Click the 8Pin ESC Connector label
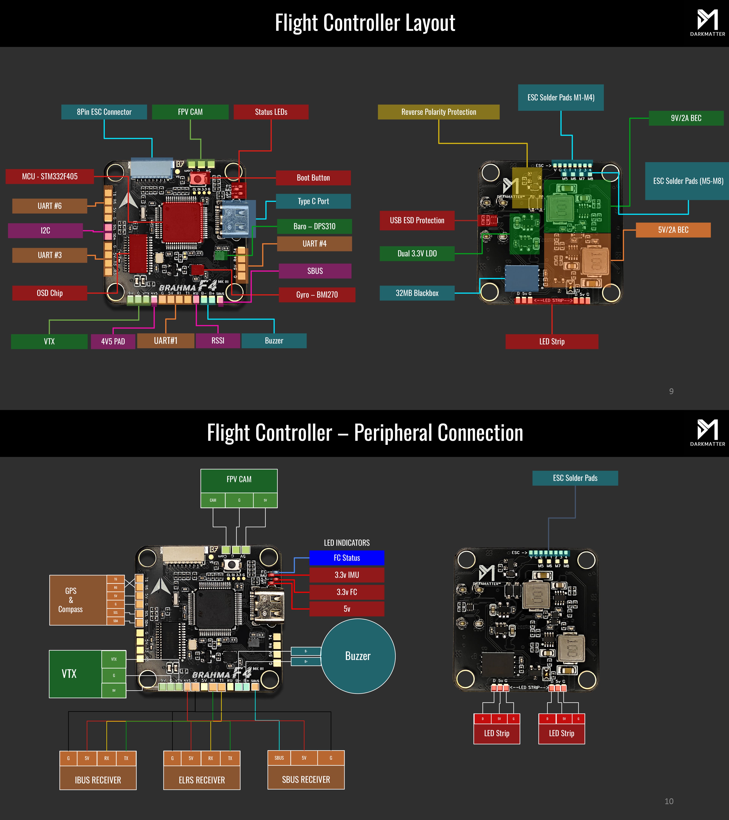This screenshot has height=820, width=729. point(104,112)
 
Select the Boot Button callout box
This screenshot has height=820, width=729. point(313,178)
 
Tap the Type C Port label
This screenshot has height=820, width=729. point(313,201)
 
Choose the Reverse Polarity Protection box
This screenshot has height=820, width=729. point(439,112)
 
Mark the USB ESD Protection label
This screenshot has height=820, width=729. point(417,220)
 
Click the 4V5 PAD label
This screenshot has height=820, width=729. point(113,341)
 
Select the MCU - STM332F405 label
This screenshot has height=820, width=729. point(50,177)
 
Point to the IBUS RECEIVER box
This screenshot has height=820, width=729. point(98,780)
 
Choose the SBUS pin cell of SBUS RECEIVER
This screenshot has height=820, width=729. point(279,758)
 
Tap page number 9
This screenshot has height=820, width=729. point(671,391)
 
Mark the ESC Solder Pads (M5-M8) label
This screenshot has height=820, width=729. point(688,181)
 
